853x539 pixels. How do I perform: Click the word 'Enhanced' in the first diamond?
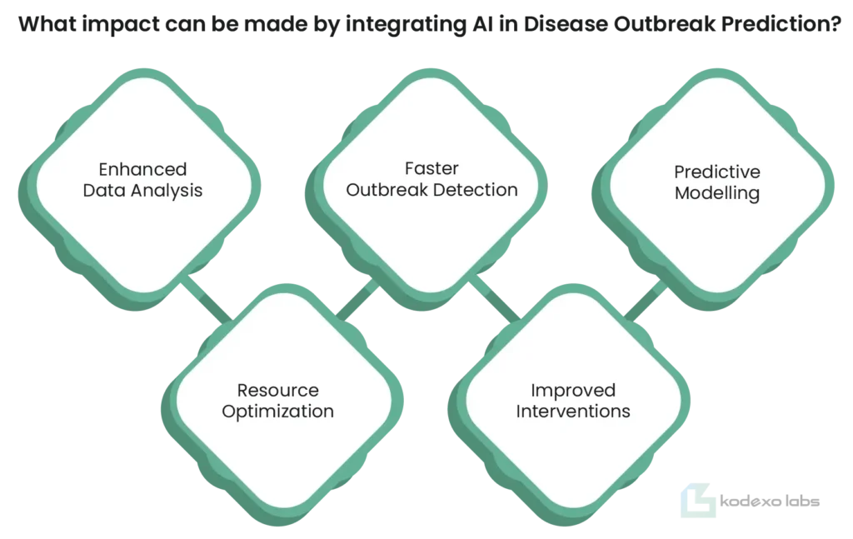click(142, 169)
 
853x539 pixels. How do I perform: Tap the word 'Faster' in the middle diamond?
click(431, 168)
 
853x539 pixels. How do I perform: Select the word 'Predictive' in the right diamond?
click(717, 172)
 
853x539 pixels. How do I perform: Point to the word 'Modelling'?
click(717, 193)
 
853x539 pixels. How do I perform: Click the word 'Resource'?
click(278, 390)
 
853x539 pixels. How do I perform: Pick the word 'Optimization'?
click(278, 412)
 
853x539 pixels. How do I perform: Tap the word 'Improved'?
click(573, 391)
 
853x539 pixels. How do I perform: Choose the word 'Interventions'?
click(573, 412)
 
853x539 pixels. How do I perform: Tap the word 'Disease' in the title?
click(566, 24)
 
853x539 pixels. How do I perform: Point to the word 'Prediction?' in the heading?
click(781, 24)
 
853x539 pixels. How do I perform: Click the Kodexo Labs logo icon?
click(698, 500)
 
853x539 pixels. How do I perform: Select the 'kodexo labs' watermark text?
click(770, 501)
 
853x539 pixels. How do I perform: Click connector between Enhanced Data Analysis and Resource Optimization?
click(207, 298)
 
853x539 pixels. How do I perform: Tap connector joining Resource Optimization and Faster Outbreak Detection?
click(357, 298)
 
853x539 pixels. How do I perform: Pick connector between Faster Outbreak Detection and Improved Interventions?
click(495, 298)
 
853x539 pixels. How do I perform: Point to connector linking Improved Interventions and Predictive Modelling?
click(646, 300)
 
